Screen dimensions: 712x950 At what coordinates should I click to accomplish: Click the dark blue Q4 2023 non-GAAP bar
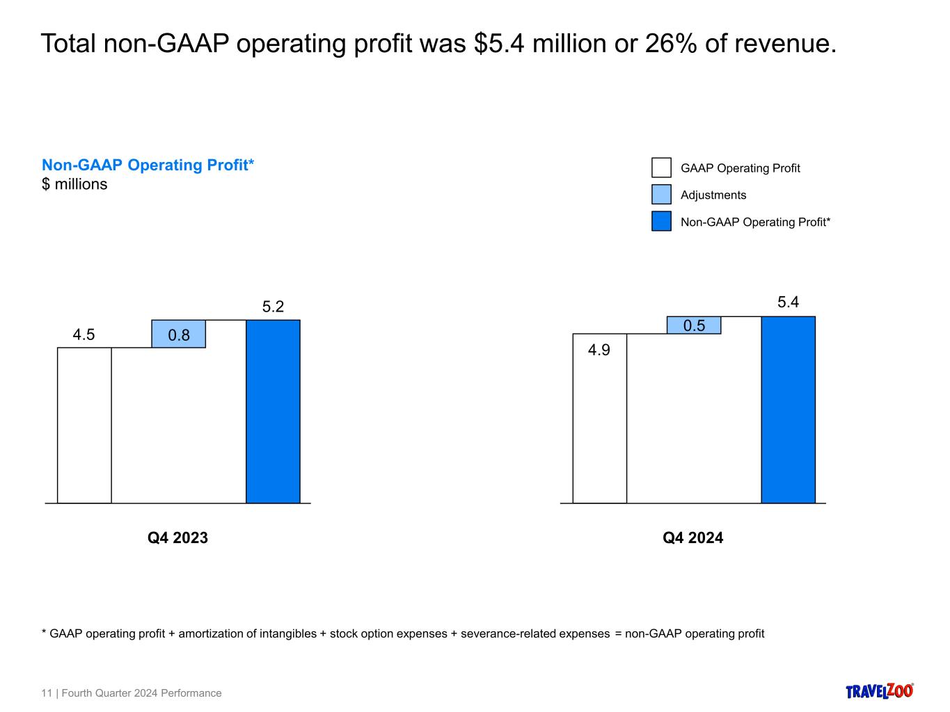pyautogui.click(x=273, y=411)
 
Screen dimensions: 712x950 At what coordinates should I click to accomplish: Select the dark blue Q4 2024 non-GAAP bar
pyautogui.click(x=788, y=410)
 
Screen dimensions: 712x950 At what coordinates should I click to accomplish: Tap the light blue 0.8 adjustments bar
pyautogui.click(x=179, y=334)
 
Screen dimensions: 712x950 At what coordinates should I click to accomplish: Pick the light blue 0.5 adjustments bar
pyautogui.click(x=694, y=325)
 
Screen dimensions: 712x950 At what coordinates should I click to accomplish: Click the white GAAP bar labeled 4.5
pyautogui.click(x=84, y=425)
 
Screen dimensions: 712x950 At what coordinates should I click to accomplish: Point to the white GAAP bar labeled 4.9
pyautogui.click(x=599, y=418)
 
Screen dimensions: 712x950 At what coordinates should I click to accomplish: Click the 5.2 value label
pyautogui.click(x=273, y=307)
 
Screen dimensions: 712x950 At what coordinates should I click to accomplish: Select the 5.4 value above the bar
pyautogui.click(x=788, y=302)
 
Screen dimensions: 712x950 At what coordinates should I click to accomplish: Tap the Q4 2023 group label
pyautogui.click(x=177, y=537)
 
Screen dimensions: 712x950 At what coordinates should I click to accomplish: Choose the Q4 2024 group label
pyautogui.click(x=692, y=537)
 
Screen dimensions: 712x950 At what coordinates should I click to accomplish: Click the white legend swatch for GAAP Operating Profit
pyautogui.click(x=661, y=168)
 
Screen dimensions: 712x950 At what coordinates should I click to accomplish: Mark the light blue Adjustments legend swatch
pyautogui.click(x=661, y=194)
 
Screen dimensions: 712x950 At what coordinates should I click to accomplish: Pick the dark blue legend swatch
pyautogui.click(x=661, y=221)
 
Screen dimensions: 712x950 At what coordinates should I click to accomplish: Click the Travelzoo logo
pyautogui.click(x=879, y=691)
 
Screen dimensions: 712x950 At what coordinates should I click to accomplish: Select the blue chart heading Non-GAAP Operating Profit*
pyautogui.click(x=148, y=165)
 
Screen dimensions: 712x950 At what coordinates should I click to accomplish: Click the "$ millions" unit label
pyautogui.click(x=74, y=184)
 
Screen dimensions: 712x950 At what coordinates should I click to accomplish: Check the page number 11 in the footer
pyautogui.click(x=47, y=693)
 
